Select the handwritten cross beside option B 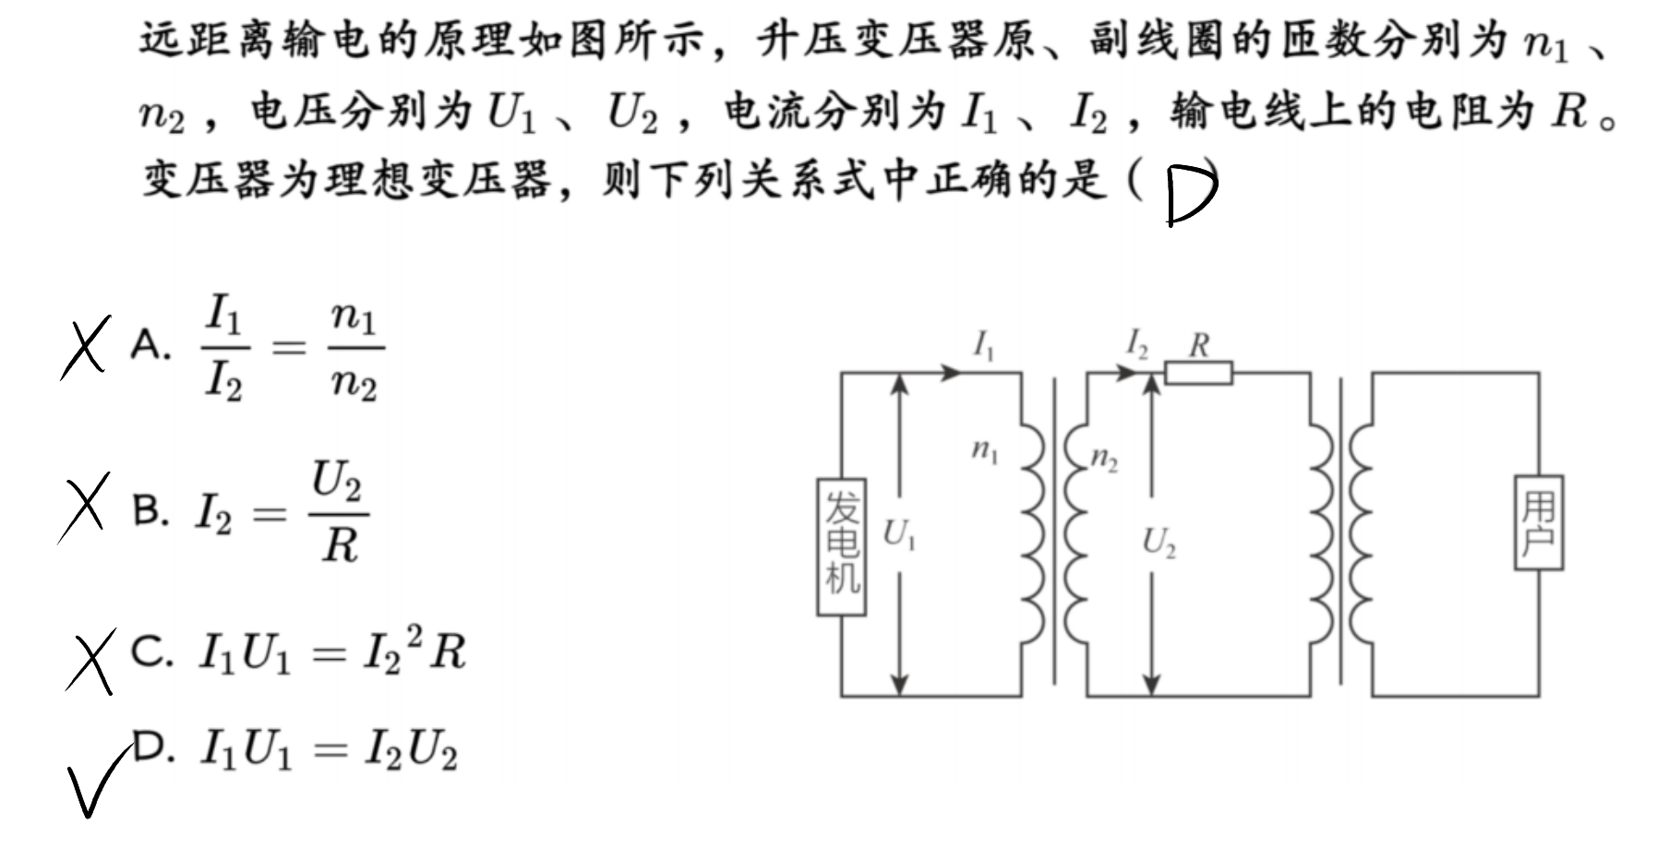(x=83, y=507)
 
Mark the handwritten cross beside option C (x=91, y=659)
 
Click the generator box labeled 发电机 (x=842, y=546)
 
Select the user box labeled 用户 (x=1539, y=522)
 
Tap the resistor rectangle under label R (x=1198, y=373)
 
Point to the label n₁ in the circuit (x=985, y=451)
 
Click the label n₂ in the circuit (x=1104, y=459)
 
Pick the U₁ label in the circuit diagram (x=899, y=534)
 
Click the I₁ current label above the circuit (x=984, y=346)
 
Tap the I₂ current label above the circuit (x=1136, y=346)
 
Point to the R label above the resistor (x=1199, y=345)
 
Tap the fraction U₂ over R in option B (x=339, y=512)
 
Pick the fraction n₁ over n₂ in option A (x=355, y=350)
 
